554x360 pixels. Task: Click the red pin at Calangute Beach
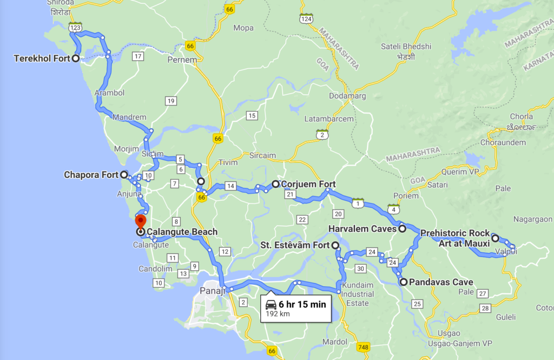point(141,221)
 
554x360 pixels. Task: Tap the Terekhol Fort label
point(42,58)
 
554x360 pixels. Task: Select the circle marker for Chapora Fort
point(124,175)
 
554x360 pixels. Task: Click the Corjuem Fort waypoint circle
point(275,184)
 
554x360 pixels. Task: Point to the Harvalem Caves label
point(362,229)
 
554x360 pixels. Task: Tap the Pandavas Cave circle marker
point(403,282)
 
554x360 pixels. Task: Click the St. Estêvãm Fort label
point(295,246)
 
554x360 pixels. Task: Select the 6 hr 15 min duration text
point(302,304)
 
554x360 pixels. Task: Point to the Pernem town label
point(182,60)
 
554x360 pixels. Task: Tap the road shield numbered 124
point(306,19)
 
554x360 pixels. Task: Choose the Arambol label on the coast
point(110,93)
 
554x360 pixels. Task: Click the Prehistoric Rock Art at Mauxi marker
point(495,238)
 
